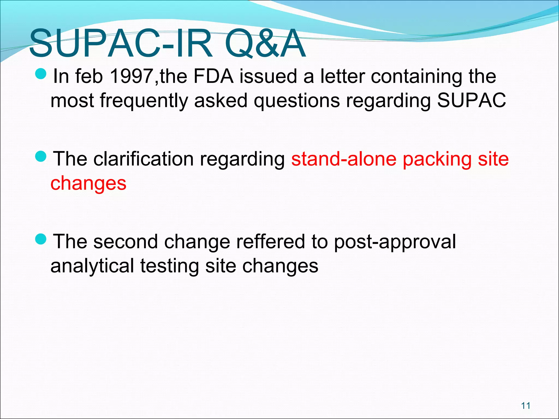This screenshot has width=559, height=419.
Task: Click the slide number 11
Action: click(525, 406)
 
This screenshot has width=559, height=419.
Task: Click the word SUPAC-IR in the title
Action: click(120, 44)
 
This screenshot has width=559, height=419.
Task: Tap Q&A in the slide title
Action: click(265, 44)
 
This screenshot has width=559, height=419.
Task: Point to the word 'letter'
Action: click(342, 76)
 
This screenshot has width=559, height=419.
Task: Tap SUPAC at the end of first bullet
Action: click(471, 100)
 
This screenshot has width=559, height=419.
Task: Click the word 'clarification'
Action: click(143, 159)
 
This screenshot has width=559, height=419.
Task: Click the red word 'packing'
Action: click(437, 160)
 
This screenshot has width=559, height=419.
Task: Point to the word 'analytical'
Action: click(92, 266)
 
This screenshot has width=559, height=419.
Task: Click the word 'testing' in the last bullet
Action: click(170, 266)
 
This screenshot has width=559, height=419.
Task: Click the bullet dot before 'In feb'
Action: click(41, 74)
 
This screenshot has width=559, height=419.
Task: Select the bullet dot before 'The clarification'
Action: click(41, 157)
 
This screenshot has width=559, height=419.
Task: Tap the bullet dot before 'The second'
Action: click(41, 239)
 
